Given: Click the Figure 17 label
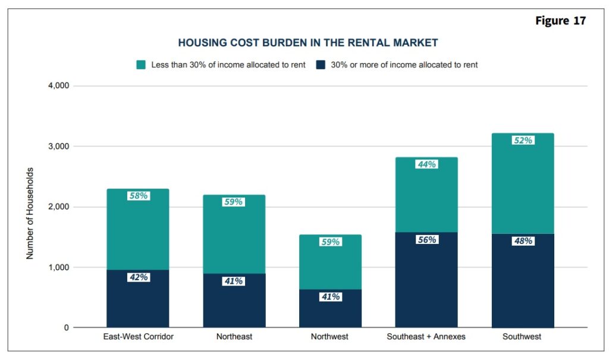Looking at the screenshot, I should coord(560,21).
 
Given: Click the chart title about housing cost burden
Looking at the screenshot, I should coord(308,43).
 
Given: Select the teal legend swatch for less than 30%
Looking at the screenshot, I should coord(142,64).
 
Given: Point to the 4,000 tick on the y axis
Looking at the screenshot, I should coord(58,86).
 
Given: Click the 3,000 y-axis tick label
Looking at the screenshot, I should coord(58,146).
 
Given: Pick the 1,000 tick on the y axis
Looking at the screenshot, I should coord(58,268).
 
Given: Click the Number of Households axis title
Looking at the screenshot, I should coord(30,213).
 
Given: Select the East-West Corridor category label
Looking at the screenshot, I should coord(137,337).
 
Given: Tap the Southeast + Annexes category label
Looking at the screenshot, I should coord(426,337).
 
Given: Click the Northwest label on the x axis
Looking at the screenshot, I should coord(330,337).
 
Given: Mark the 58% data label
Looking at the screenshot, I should coord(138,196).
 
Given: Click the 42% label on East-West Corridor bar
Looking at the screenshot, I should coord(138,277).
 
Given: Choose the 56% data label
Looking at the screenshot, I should coord(426,240).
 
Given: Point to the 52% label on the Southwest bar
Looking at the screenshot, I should coord(523,140).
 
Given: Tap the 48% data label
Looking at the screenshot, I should coord(523,241).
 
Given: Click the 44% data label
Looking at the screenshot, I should coord(426,164).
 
